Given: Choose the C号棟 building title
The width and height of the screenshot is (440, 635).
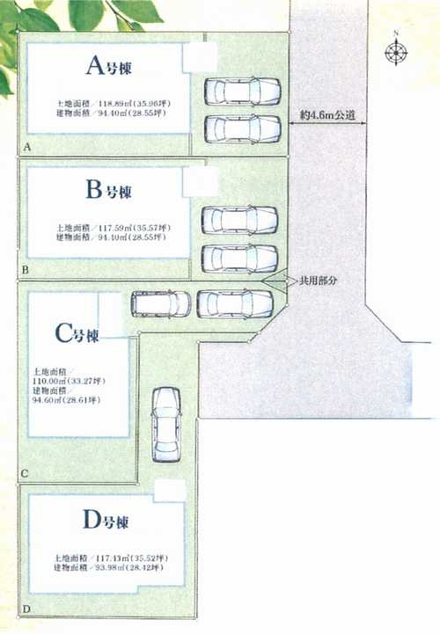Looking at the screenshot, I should [x=77, y=334].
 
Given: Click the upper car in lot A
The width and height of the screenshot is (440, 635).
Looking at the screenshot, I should [x=242, y=91].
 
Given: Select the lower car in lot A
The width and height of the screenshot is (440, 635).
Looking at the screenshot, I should [x=242, y=128].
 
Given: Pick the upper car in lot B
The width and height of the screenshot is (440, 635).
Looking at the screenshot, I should [x=240, y=220].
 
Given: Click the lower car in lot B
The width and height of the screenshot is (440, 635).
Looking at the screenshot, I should [x=240, y=258].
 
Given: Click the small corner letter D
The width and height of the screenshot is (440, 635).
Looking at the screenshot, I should [x=26, y=609].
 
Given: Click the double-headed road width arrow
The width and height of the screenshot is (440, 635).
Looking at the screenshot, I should [x=329, y=123].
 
